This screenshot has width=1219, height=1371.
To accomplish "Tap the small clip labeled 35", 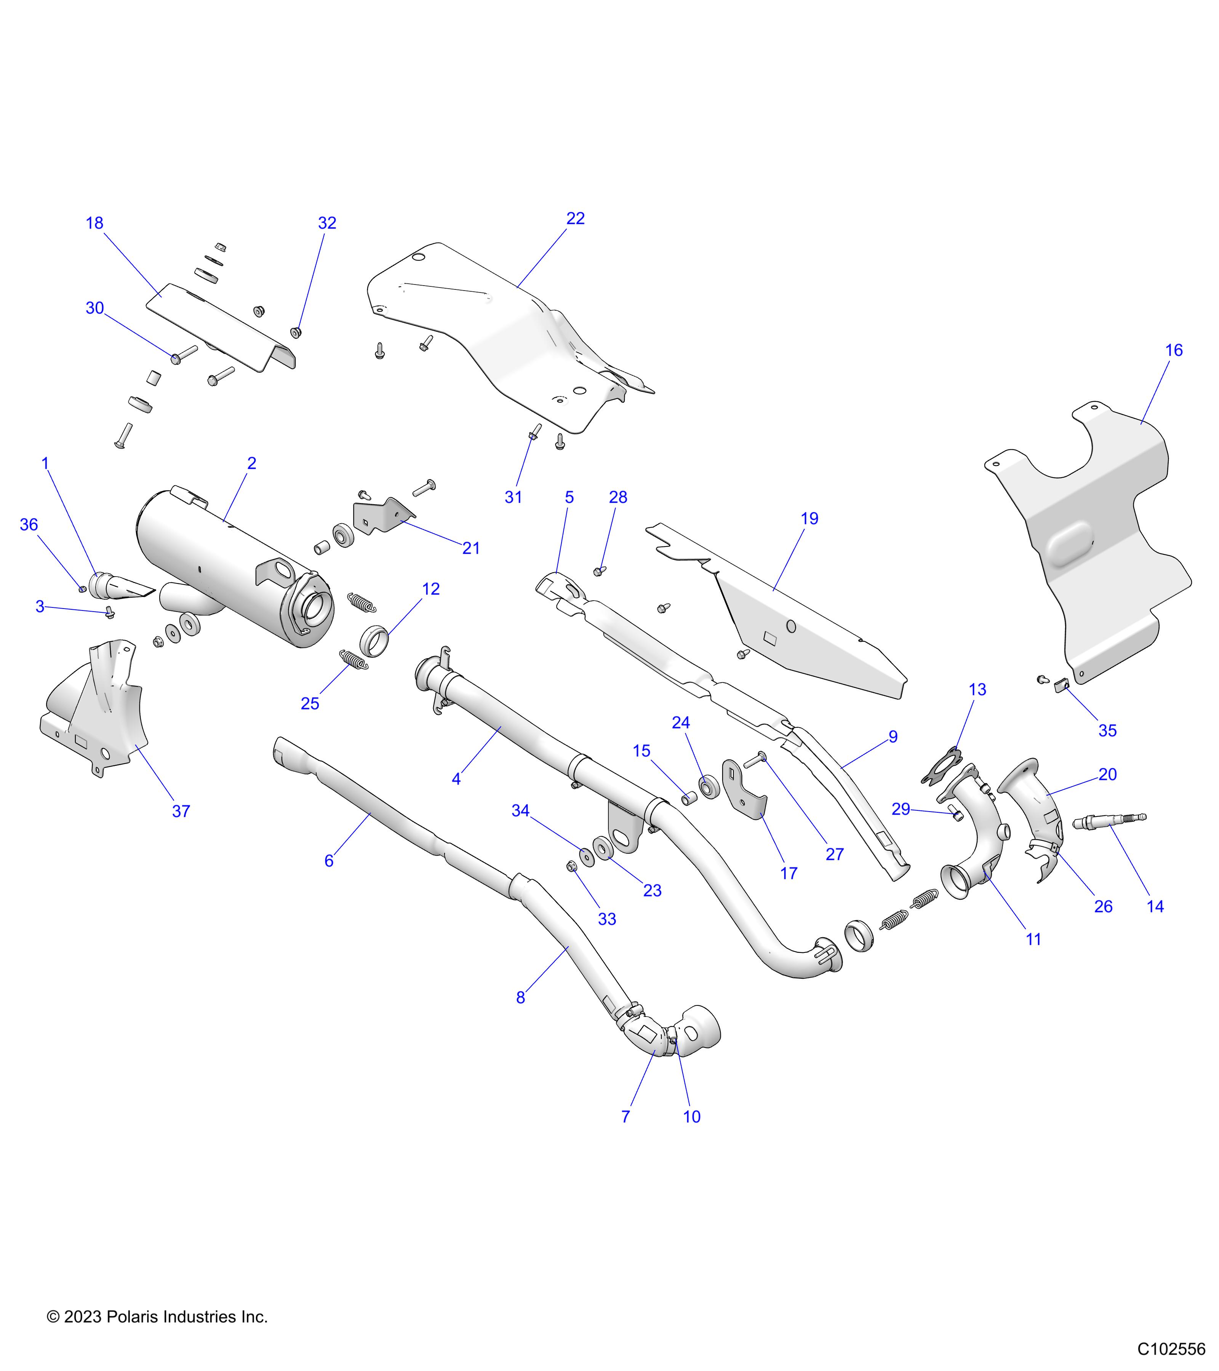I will (x=1061, y=685).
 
